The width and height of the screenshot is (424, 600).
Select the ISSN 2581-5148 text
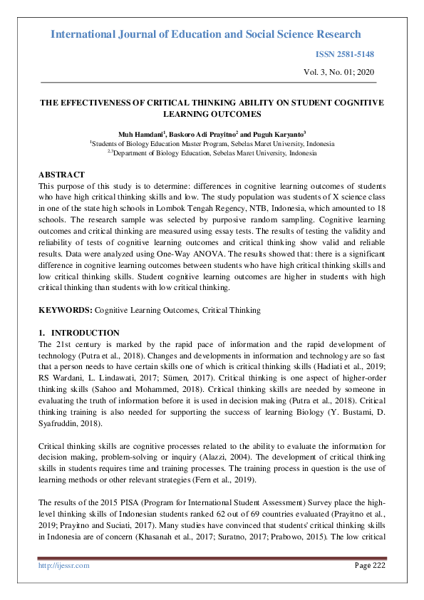tap(345, 55)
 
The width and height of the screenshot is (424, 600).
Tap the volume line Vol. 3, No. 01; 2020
tap(339, 72)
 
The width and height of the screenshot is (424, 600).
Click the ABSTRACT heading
tap(61, 175)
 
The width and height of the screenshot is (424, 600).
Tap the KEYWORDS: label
tap(66, 310)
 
